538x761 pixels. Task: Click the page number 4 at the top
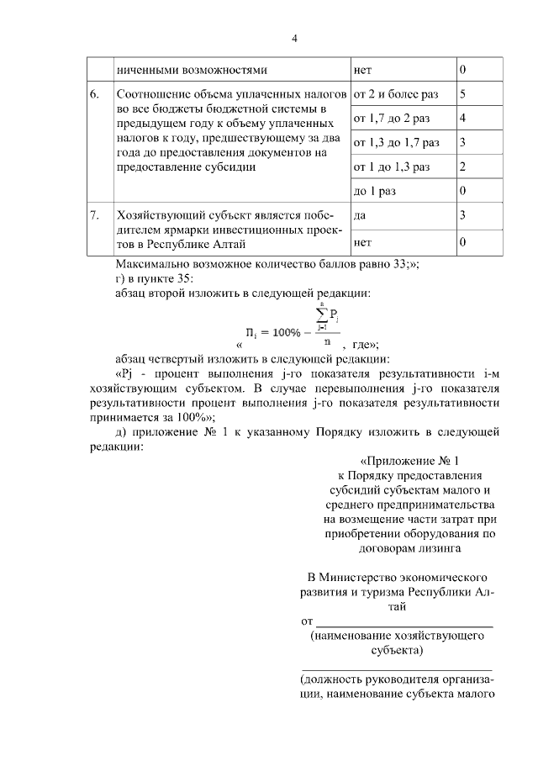click(294, 38)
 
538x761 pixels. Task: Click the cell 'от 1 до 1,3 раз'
click(392, 166)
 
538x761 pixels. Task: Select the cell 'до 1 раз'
click(375, 191)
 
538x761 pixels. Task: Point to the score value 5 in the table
click(463, 93)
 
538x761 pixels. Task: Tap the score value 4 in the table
click(463, 118)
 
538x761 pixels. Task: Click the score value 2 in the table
click(463, 166)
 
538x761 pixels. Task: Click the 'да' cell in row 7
click(361, 215)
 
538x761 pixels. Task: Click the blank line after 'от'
click(403, 623)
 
